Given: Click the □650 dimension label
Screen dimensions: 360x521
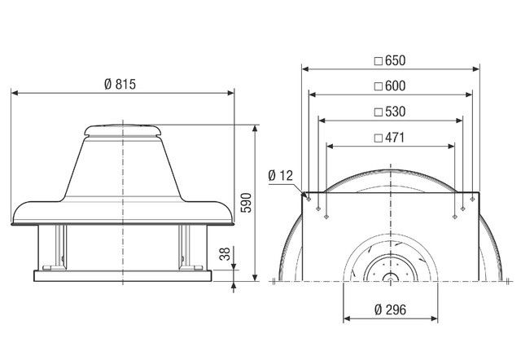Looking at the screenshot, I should point(389,60).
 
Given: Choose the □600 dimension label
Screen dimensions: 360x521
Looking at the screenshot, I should point(389,86).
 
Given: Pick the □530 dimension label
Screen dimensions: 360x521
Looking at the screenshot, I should point(389,112).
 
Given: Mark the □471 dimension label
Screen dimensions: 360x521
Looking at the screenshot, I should point(389,138).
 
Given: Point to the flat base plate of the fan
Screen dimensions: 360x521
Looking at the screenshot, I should point(122,274).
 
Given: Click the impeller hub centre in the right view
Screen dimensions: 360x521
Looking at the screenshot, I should point(389,277).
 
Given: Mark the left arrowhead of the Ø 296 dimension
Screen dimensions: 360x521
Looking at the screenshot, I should point(345,317).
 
